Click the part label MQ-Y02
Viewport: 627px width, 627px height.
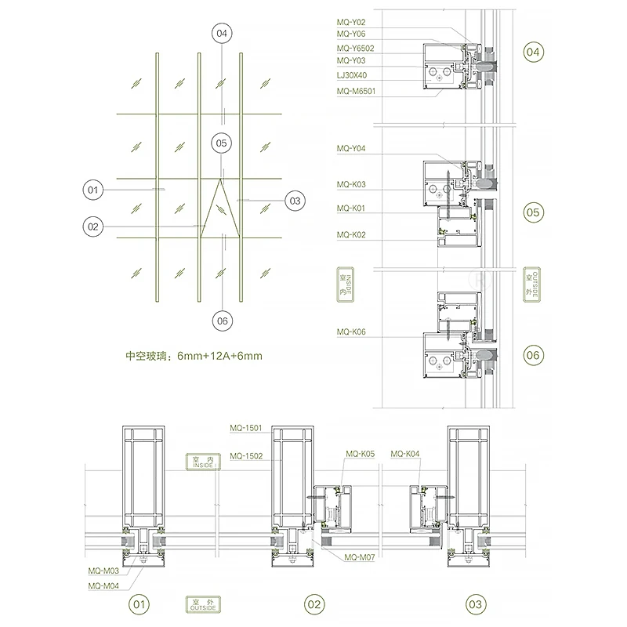pyautogui.click(x=350, y=23)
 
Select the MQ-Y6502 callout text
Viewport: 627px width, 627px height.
pyautogui.click(x=354, y=48)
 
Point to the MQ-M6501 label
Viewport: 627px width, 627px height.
pyautogui.click(x=354, y=91)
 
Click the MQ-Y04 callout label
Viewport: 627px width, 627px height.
pyautogui.click(x=350, y=148)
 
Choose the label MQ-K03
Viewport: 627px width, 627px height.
pyautogui.click(x=350, y=185)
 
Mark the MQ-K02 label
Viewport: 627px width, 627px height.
pyautogui.click(x=350, y=235)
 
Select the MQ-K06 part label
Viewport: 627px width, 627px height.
pyautogui.click(x=350, y=332)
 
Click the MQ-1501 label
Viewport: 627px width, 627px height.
pyautogui.click(x=246, y=428)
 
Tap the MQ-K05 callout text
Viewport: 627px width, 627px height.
pyautogui.click(x=361, y=454)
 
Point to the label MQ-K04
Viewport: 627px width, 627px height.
pyautogui.click(x=404, y=454)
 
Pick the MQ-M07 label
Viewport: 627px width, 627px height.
pyautogui.click(x=360, y=556)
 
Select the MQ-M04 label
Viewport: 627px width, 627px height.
pyautogui.click(x=103, y=584)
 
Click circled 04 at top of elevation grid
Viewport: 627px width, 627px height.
pyautogui.click(x=223, y=34)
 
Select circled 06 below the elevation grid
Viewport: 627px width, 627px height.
pyautogui.click(x=223, y=321)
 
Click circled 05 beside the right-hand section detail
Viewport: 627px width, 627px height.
pyautogui.click(x=533, y=212)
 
